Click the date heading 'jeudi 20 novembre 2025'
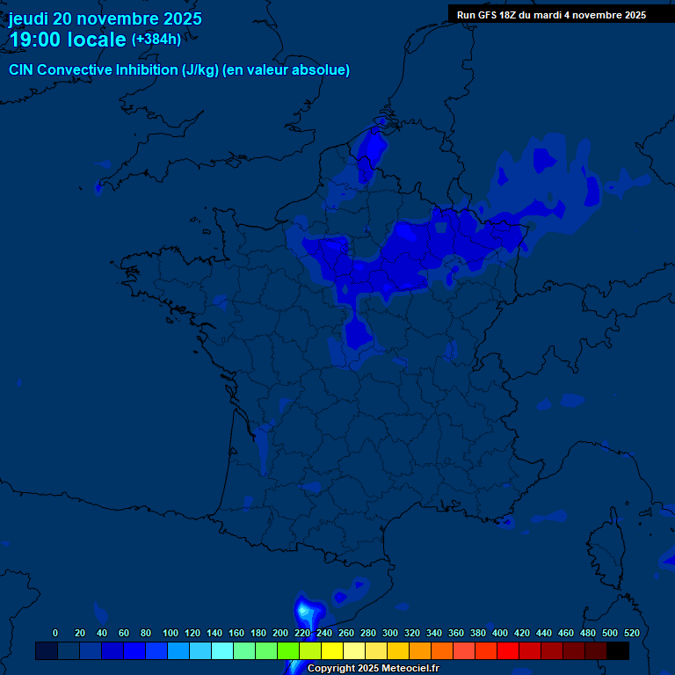(x=105, y=18)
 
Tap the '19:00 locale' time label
(x=68, y=40)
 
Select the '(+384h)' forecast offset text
(x=156, y=40)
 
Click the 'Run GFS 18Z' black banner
(x=551, y=14)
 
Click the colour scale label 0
(x=55, y=633)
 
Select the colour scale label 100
(x=171, y=633)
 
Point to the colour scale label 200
(x=280, y=633)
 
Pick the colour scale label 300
(x=390, y=633)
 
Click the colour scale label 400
(x=500, y=633)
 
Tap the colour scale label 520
(x=631, y=633)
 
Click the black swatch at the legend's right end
(x=618, y=650)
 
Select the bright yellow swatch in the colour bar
(x=332, y=650)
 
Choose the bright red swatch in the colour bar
(x=508, y=650)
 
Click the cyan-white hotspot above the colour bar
(x=307, y=608)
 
